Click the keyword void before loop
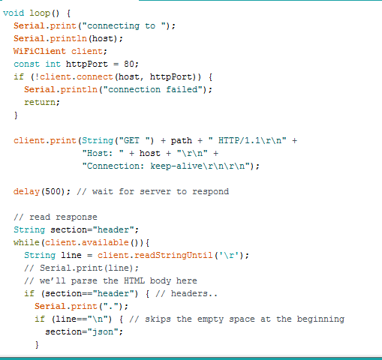[14, 13]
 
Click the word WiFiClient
[40, 51]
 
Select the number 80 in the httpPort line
[129, 64]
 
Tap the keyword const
[26, 64]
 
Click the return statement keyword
[40, 102]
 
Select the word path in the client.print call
[182, 141]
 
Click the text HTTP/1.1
[239, 140]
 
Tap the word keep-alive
[176, 166]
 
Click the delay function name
[26, 192]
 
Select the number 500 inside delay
[53, 192]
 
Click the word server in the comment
[155, 192]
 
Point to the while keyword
[26, 242]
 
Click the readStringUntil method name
[173, 256]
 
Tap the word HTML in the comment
[134, 280]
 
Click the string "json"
[103, 332]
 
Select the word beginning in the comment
[320, 319]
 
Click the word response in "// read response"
[77, 217]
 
